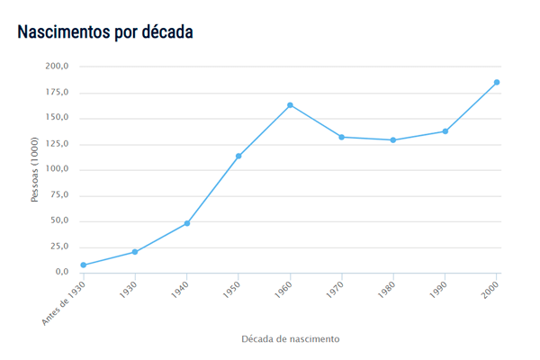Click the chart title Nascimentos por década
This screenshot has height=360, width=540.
click(105, 31)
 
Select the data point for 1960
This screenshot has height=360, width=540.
click(290, 105)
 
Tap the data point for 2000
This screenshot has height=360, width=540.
click(497, 83)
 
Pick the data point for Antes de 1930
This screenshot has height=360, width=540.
click(83, 265)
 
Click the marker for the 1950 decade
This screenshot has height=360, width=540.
click(238, 157)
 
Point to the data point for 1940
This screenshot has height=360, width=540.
click(186, 223)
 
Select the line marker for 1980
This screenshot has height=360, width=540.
click(393, 140)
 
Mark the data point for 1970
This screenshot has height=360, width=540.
click(342, 137)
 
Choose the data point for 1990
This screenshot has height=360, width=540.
click(445, 131)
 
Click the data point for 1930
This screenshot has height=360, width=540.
click(135, 252)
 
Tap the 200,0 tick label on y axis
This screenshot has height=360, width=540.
click(57, 67)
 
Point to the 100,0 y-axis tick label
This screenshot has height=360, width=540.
click(57, 170)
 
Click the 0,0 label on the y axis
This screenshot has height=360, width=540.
click(62, 273)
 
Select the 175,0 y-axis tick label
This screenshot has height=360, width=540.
click(57, 93)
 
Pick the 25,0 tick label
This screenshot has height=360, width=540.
click(59, 247)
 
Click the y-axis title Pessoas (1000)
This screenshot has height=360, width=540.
click(35, 169)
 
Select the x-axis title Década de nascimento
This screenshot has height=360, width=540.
click(290, 339)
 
